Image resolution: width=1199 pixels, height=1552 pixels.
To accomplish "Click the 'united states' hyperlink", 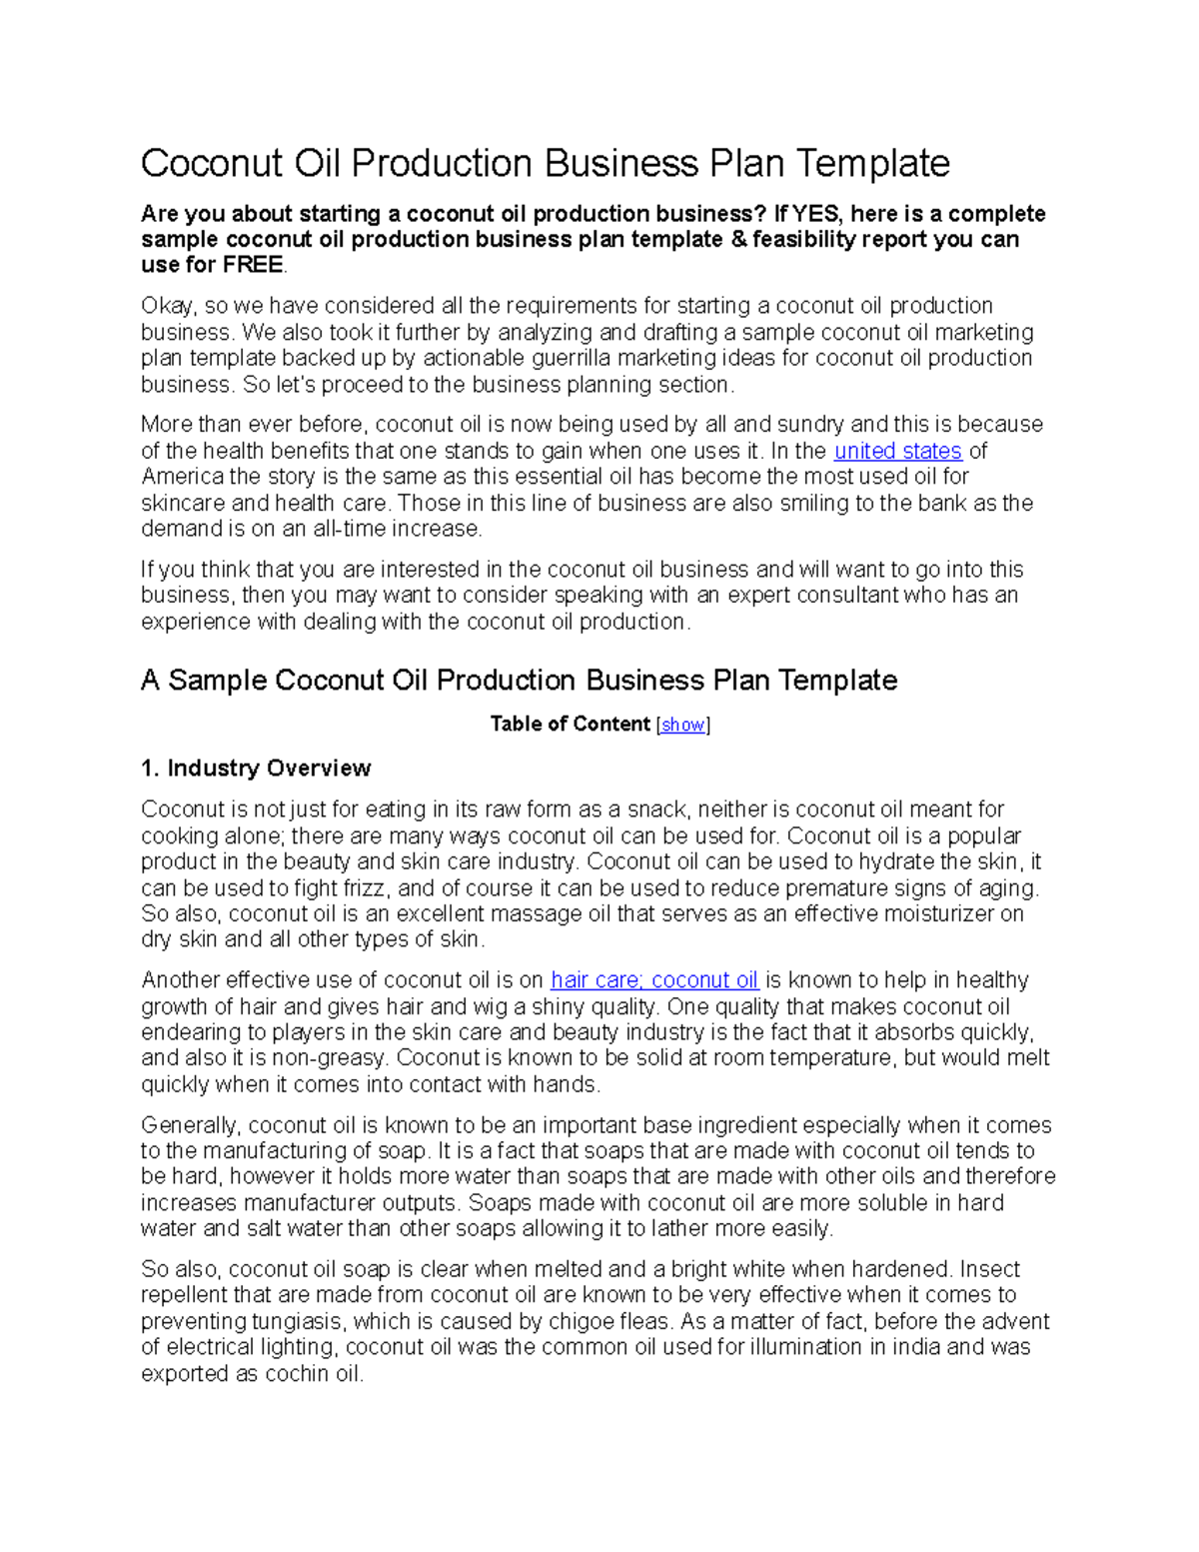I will click(x=897, y=451).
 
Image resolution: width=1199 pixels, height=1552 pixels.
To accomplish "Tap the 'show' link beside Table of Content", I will click(x=683, y=725).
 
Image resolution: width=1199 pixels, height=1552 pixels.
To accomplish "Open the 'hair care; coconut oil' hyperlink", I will click(x=654, y=980).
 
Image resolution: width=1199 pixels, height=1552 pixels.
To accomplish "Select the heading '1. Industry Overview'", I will click(x=256, y=769).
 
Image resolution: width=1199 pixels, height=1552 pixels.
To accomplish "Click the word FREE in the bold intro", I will click(x=253, y=266).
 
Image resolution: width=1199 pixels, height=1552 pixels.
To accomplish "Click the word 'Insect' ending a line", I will click(x=990, y=1270).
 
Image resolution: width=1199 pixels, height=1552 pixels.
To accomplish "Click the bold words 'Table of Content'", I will click(x=570, y=725).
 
